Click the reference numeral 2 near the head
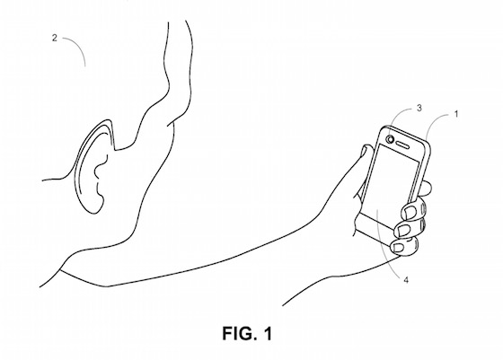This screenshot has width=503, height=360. click(55, 38)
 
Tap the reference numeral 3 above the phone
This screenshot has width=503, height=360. click(419, 109)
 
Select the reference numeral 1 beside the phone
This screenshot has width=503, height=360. click(456, 114)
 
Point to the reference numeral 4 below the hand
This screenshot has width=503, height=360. click(406, 280)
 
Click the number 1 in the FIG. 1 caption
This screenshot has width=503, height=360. click(269, 333)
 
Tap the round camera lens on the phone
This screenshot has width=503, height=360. click(391, 139)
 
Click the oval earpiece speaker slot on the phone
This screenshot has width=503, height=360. click(402, 145)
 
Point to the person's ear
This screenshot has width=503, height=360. click(93, 167)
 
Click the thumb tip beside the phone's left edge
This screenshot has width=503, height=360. click(366, 150)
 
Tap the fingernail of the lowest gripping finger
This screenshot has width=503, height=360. click(399, 247)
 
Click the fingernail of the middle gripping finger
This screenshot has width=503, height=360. click(402, 229)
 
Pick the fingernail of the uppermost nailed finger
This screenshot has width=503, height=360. click(410, 211)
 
